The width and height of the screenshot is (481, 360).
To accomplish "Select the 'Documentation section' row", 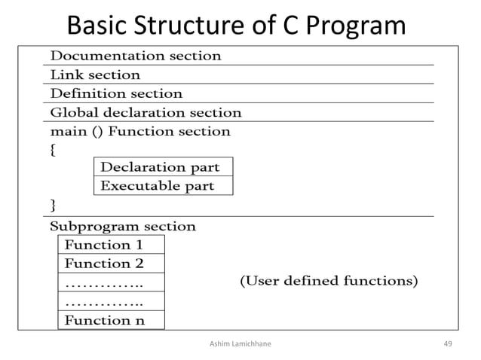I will click(135, 56).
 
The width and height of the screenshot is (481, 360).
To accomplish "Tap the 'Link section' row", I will click(95, 75).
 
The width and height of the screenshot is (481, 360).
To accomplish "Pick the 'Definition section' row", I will click(116, 93).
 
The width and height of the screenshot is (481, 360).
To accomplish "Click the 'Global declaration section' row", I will click(146, 113).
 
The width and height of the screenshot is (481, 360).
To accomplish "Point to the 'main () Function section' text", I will click(139, 132).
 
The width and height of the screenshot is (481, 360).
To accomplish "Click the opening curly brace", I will click(53, 150).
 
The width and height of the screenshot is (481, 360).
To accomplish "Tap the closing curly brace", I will click(53, 205).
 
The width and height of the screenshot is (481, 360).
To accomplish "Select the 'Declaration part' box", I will click(163, 166).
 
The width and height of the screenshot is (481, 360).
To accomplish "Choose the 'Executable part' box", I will click(163, 185).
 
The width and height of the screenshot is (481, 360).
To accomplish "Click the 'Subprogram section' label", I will click(122, 226).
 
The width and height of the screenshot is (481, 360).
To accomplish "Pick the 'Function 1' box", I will click(111, 245).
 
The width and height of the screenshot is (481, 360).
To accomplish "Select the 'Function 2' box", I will click(111, 264).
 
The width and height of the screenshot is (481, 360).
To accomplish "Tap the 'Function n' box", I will click(111, 320).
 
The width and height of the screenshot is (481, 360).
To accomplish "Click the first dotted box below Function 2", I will click(111, 282).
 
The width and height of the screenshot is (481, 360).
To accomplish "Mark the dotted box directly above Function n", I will click(111, 301).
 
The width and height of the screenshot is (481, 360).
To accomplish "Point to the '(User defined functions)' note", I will click(329, 282).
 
